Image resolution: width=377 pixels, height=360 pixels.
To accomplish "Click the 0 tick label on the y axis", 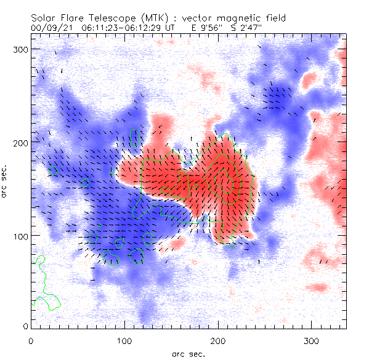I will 25,326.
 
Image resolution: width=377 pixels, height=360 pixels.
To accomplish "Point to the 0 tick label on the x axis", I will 31,340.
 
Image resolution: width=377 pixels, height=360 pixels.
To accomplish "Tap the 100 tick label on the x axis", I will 124,340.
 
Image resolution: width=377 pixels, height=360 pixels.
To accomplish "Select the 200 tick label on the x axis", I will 217,340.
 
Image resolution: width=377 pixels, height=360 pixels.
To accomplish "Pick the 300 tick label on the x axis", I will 311,340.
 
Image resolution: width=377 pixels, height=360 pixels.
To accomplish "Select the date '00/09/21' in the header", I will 51,28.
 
